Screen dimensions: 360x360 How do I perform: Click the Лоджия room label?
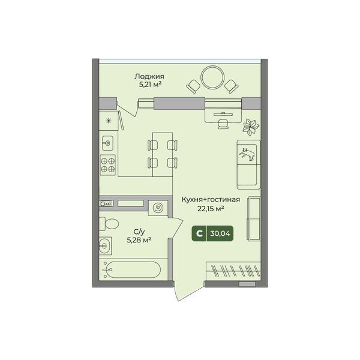pos(149,77)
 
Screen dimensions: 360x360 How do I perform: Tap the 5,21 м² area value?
pos(150,85)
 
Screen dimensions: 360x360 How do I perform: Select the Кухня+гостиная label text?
pos(211,200)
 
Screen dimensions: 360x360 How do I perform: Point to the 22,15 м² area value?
pos(211,209)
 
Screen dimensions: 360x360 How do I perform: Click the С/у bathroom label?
pos(139,232)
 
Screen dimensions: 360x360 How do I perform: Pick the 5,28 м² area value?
pos(139,240)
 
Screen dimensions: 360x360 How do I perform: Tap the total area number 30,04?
pos(220,233)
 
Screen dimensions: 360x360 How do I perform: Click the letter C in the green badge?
pos(200,234)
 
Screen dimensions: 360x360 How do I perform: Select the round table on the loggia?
pos(212,77)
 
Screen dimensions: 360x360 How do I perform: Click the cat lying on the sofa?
pos(247,154)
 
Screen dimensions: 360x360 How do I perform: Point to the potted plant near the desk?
pos(251,127)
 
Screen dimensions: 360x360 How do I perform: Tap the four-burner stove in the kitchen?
pos(107,165)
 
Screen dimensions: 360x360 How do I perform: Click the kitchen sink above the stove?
pos(107,143)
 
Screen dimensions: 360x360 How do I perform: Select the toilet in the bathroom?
pos(109,224)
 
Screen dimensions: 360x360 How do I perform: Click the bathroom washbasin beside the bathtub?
pos(105,246)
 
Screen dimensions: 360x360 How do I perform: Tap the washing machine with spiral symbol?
pos(158,208)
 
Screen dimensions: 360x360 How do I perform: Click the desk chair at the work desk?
pos(223,124)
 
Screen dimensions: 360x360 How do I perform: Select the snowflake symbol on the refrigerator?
pos(109,121)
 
